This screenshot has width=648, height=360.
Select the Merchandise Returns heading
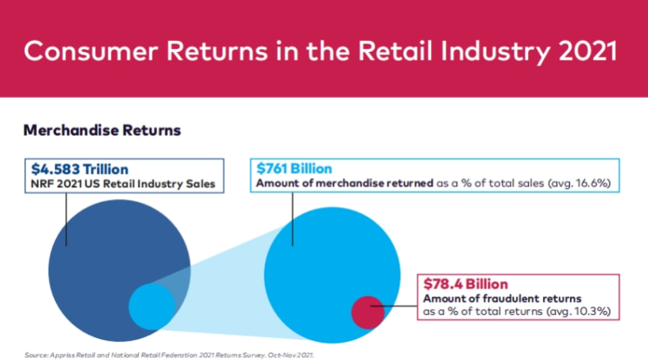point(102,129)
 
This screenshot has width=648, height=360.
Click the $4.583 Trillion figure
point(79,168)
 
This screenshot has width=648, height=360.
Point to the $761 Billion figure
point(294,168)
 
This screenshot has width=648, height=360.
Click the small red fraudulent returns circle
point(367,311)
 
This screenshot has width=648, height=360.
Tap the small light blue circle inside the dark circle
point(151,306)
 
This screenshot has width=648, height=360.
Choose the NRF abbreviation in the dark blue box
point(42,184)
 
